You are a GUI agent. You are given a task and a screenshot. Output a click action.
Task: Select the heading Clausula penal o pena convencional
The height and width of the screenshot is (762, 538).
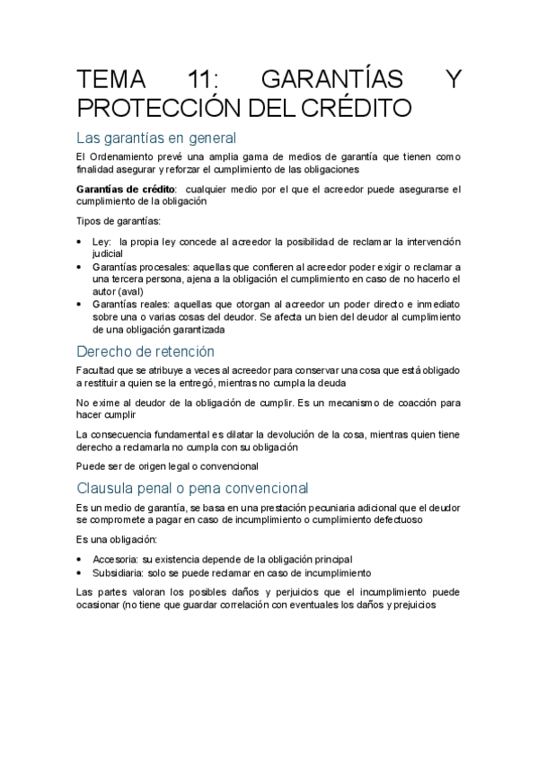click(193, 488)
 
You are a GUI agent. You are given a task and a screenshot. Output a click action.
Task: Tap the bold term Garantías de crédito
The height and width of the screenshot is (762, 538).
click(127, 190)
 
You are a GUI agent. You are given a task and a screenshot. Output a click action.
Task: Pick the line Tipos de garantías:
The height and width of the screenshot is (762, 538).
click(119, 221)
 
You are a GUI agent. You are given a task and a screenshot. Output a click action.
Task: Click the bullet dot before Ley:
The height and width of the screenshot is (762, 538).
click(82, 243)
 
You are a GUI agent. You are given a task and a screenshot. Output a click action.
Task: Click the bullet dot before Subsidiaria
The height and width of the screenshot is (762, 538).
click(82, 572)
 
